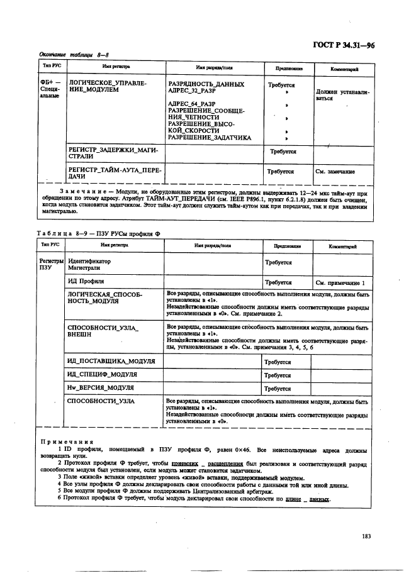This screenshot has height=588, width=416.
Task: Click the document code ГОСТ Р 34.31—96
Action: [x=361, y=45]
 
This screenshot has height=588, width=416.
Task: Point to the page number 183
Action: [x=367, y=536]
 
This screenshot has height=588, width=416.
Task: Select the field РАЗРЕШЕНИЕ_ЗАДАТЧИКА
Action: [x=209, y=137]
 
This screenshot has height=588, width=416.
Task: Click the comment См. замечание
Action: [x=335, y=171]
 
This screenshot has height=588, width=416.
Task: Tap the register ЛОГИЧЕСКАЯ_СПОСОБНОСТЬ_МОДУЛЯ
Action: [x=104, y=297]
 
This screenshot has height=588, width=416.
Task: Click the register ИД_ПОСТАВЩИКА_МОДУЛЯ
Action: [x=111, y=362]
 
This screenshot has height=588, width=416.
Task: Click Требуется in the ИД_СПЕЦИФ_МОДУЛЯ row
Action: [x=278, y=375]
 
